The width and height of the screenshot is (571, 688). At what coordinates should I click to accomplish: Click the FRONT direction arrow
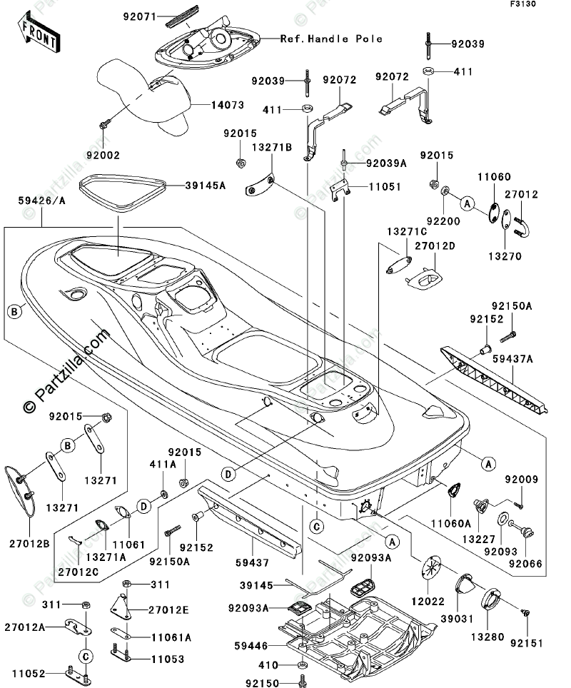(x=38, y=34)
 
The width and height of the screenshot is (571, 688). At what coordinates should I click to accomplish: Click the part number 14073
(x=228, y=106)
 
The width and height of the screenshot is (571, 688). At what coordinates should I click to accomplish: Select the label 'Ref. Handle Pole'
(x=331, y=39)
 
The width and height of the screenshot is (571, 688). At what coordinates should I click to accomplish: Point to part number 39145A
(x=206, y=186)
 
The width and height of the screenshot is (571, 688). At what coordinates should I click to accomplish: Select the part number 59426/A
(x=41, y=201)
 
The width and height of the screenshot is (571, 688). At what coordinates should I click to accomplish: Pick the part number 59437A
(x=512, y=359)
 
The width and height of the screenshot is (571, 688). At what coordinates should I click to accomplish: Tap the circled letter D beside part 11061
(x=143, y=506)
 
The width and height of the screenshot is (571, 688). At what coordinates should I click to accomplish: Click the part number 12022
(x=428, y=601)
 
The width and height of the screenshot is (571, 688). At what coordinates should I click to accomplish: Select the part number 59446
(x=251, y=646)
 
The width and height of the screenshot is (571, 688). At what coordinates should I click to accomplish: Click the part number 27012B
(x=29, y=544)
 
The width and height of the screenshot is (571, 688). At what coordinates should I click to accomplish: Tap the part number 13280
(x=487, y=637)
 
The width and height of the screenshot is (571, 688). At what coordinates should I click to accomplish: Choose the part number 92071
(x=140, y=17)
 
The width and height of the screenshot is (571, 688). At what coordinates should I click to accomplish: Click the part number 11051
(x=385, y=187)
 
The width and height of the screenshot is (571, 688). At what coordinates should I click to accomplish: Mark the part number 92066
(x=526, y=563)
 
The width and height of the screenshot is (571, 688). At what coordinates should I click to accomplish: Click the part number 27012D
(x=435, y=246)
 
